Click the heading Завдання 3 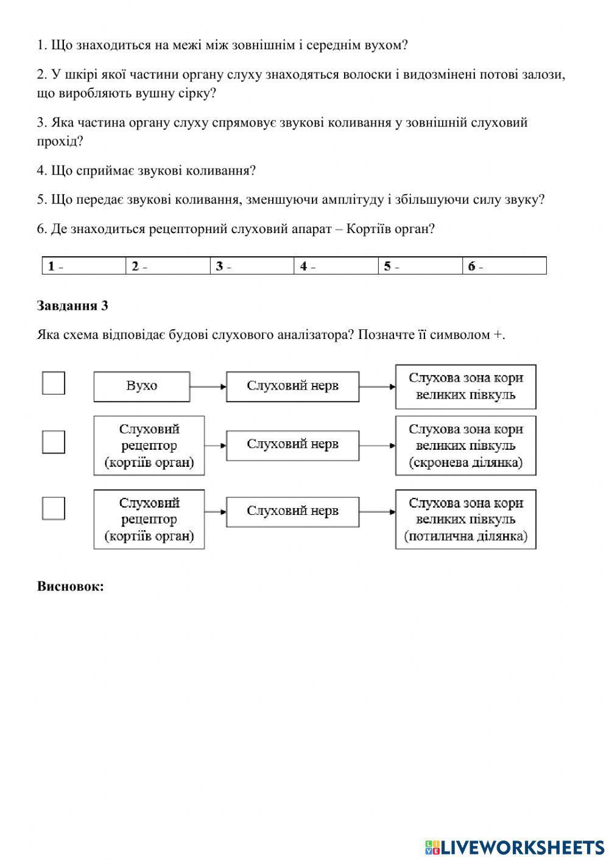click(x=72, y=306)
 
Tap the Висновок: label click(x=71, y=587)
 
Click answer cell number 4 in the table click(x=336, y=267)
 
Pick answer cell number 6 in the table click(x=504, y=267)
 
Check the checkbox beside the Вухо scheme click(x=54, y=383)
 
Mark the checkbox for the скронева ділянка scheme click(x=54, y=442)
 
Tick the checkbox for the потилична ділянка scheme click(x=54, y=508)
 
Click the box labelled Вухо click(x=142, y=386)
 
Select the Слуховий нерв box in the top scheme click(x=292, y=386)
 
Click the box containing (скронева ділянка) click(x=466, y=446)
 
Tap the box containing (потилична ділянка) click(x=466, y=519)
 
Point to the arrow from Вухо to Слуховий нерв click(x=208, y=386)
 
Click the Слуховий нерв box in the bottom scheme click(x=292, y=511)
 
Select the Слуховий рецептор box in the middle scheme click(x=149, y=446)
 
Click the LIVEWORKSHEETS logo click(x=515, y=847)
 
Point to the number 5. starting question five click(x=42, y=200)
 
